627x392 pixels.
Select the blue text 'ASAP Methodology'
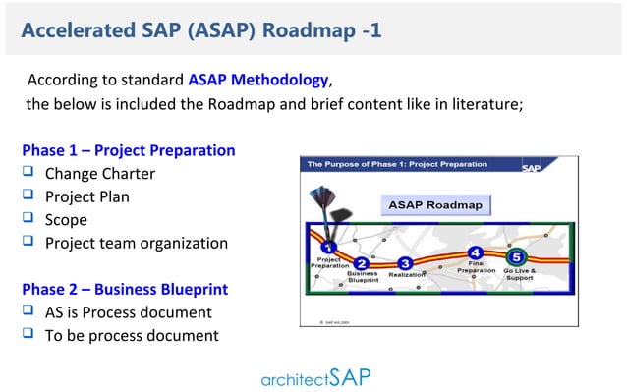[258, 80]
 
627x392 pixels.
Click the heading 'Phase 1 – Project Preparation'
[129, 151]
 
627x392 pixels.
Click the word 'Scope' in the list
[66, 220]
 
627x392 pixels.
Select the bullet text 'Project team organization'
[137, 243]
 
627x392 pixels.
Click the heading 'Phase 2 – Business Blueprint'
[125, 290]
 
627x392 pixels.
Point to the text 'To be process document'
[132, 336]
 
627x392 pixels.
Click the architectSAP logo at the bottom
[316, 376]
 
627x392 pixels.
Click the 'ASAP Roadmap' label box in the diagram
[436, 206]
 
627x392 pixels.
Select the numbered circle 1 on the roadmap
[329, 248]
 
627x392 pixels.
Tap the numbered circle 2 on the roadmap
[362, 263]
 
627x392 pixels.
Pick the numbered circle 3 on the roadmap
[405, 263]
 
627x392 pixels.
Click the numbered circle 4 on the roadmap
[476, 252]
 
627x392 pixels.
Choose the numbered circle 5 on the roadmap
[519, 258]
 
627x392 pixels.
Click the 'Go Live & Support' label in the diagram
[520, 274]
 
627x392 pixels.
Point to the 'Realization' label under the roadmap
[405, 276]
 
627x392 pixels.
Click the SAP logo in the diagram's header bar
[558, 166]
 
